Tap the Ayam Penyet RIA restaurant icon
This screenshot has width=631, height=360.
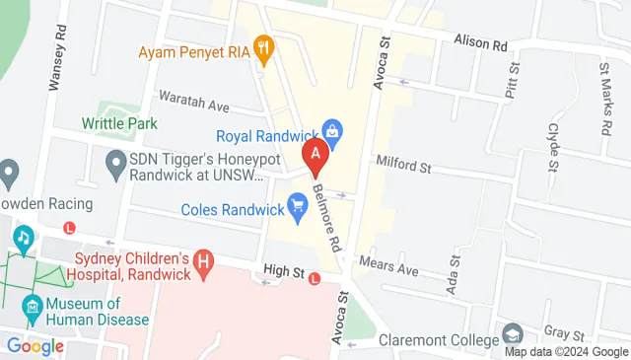[263, 45]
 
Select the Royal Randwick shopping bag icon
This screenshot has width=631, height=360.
[333, 128]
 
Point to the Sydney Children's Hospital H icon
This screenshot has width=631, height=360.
[203, 262]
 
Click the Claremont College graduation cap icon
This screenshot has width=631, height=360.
[511, 333]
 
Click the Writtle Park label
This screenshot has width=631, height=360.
[119, 124]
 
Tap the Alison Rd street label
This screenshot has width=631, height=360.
[480, 42]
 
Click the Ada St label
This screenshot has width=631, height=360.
[455, 271]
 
